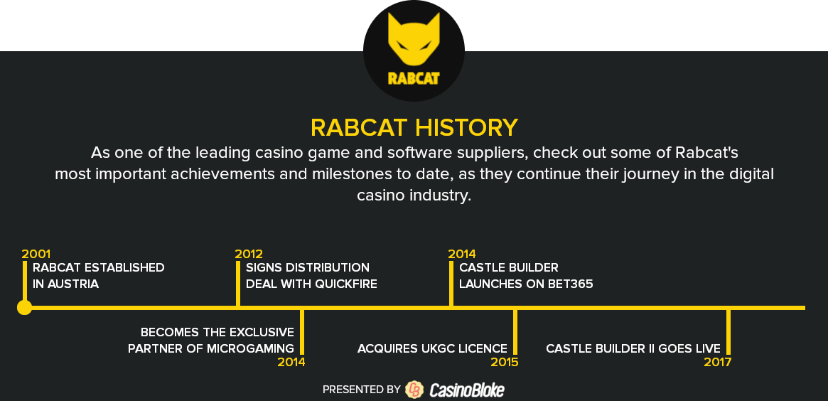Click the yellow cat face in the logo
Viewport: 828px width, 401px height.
[414, 39]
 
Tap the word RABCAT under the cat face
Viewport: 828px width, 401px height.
[414, 78]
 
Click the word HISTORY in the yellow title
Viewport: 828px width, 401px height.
[466, 128]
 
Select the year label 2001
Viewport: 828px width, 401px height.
[36, 254]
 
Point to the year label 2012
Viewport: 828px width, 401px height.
[249, 254]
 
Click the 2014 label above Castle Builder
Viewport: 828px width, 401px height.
[462, 254]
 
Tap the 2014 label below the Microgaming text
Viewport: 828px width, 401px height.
[291, 362]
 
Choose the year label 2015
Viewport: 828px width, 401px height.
[505, 362]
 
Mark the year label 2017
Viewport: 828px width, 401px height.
[718, 362]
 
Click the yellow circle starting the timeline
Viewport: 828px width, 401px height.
[24, 307]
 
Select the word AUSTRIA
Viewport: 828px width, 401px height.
[73, 284]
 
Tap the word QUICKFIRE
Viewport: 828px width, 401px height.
[346, 284]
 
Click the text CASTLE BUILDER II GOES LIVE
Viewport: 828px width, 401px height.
[633, 348]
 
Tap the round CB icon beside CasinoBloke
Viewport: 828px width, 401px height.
[414, 390]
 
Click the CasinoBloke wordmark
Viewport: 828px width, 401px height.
[467, 390]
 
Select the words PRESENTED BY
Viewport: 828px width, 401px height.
[362, 390]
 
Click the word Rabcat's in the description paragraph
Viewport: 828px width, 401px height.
[706, 153]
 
